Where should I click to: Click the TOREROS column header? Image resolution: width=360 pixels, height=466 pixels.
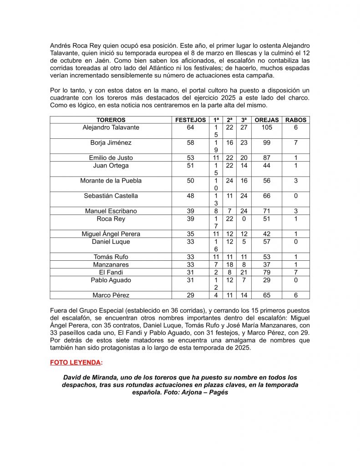pos(111,120)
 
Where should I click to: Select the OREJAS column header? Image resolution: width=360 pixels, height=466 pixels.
pos(267,120)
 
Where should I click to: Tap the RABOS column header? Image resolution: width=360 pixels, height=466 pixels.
pos(296,120)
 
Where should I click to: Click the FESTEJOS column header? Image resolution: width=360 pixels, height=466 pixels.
pos(190,120)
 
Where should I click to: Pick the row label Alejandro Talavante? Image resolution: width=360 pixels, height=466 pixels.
pos(111,128)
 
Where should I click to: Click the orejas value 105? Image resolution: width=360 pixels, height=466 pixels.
pos(267,128)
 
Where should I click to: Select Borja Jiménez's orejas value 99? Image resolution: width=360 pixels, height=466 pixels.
pos(267,143)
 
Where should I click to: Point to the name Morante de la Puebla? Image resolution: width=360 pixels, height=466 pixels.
pos(111,181)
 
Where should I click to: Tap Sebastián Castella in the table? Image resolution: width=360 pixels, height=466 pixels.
pos(111,196)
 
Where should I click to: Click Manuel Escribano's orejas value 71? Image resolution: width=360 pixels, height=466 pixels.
pos(267,211)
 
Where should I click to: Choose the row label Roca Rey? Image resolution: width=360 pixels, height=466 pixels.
pos(111,219)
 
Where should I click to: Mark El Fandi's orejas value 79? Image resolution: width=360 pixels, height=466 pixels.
pos(267,272)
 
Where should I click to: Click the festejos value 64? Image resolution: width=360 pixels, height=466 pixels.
pos(190,128)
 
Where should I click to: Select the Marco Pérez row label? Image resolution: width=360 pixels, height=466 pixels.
pos(111,295)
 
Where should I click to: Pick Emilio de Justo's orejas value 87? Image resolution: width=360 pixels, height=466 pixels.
pos(267,158)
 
